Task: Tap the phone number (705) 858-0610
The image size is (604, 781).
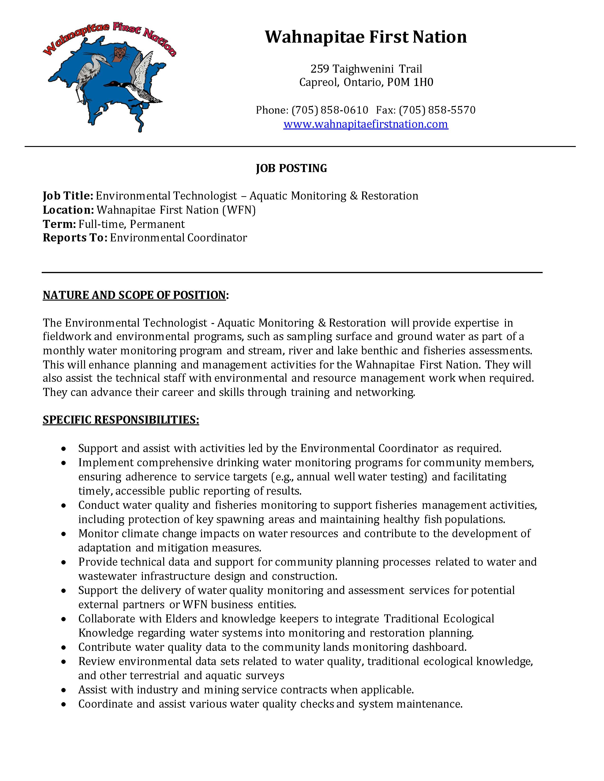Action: coord(329,110)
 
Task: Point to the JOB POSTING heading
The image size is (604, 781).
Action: coord(291,168)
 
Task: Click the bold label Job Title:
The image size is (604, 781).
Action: coord(68,196)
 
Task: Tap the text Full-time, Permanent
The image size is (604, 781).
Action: coord(131,224)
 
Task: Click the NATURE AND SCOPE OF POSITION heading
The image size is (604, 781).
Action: coord(134,295)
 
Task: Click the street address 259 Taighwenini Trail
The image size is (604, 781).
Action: coord(366,69)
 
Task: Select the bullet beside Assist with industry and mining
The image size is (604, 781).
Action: coord(64,690)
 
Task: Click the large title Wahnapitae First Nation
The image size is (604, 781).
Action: coord(366,37)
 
